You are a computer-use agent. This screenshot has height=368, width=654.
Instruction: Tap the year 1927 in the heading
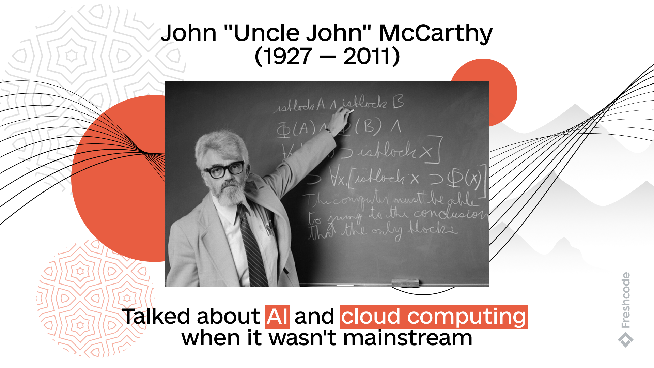coord(287,57)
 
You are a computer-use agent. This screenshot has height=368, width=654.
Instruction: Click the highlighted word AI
coord(277,317)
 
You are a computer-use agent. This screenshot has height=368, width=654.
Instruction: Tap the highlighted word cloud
coord(371,317)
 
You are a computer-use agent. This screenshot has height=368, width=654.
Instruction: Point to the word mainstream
coord(407,338)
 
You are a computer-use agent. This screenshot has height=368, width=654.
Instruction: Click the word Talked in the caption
coord(156,317)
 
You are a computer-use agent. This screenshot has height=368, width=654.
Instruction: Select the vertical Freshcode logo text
coord(626,300)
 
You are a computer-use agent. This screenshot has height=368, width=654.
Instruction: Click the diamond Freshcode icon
coord(625,340)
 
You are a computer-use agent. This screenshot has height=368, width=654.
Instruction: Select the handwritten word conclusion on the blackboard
coord(450,214)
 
